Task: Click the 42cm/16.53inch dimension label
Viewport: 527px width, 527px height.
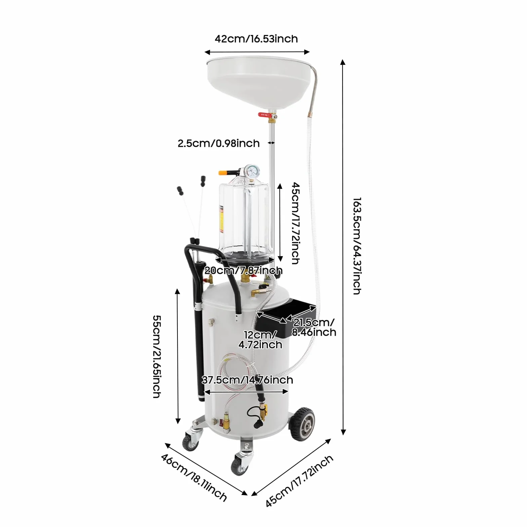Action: click(256, 39)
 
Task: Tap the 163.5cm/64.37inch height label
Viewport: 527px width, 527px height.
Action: click(357, 246)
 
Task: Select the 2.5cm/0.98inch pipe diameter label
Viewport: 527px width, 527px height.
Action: click(218, 143)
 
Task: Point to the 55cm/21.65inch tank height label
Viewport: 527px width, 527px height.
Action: click(157, 356)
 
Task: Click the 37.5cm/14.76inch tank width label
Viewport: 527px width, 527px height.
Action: click(247, 380)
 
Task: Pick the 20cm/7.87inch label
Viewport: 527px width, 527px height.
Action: click(243, 270)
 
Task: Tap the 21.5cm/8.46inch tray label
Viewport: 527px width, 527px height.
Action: click(314, 327)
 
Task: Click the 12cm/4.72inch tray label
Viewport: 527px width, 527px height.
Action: click(260, 339)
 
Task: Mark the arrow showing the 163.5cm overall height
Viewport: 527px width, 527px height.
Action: click(343, 247)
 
